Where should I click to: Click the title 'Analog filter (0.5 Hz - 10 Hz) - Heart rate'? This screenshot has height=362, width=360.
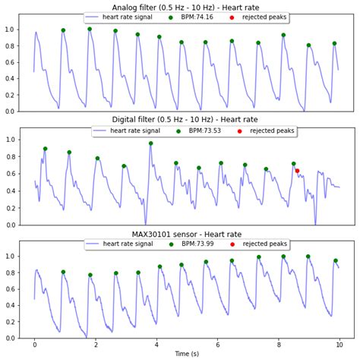[185, 8]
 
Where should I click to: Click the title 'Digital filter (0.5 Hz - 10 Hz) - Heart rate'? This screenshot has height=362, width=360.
[185, 121]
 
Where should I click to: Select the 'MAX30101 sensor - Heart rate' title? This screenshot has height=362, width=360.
[185, 235]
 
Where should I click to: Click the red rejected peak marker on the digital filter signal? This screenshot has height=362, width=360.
[297, 171]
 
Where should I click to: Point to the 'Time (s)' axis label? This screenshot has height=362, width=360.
[186, 354]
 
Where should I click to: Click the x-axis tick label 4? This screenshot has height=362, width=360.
[156, 345]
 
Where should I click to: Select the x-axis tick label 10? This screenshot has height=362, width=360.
[339, 345]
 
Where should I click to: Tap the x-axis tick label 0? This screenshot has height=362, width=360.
[34, 345]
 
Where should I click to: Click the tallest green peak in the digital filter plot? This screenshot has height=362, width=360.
[150, 143]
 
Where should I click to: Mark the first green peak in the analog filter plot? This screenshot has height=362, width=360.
[63, 30]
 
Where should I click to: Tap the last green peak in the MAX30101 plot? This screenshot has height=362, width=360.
[335, 260]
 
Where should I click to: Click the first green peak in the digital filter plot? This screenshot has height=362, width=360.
[45, 149]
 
